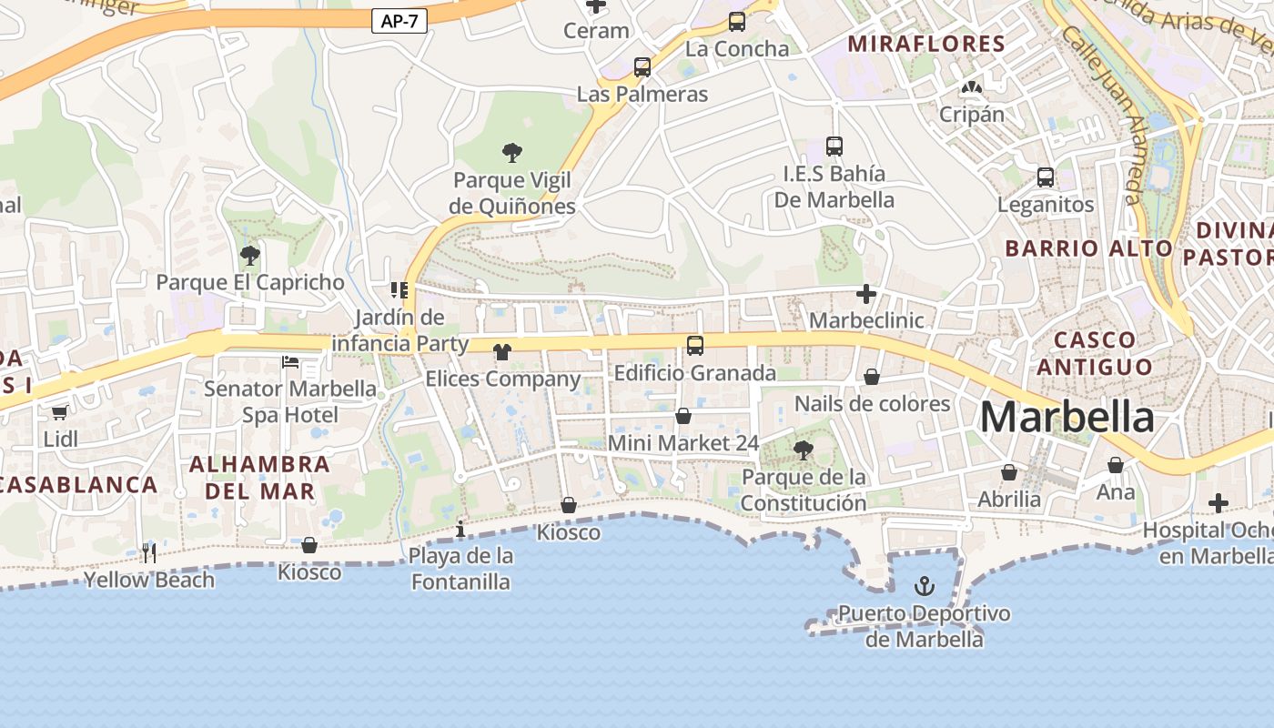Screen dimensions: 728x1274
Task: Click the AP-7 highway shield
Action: (x=399, y=21)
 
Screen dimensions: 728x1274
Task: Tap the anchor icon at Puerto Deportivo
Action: (x=925, y=585)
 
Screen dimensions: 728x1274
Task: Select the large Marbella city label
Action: (x=1067, y=417)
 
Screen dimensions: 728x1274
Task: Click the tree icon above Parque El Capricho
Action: (x=250, y=255)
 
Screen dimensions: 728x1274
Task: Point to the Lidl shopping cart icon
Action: (x=60, y=413)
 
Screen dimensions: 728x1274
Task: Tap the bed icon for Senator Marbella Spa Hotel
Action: (x=290, y=362)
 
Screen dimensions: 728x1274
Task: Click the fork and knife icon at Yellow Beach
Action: (x=149, y=552)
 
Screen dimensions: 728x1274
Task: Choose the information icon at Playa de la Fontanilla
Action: (x=460, y=529)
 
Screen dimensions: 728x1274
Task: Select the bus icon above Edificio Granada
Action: (x=695, y=346)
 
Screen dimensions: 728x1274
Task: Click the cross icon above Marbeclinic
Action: (x=866, y=294)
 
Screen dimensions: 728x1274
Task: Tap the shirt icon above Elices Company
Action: (x=502, y=352)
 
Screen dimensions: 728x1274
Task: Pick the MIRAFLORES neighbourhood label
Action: (x=926, y=44)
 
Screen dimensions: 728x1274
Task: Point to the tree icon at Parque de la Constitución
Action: (x=803, y=450)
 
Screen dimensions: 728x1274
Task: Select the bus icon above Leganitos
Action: (x=1046, y=177)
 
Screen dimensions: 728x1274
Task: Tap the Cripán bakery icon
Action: (x=972, y=88)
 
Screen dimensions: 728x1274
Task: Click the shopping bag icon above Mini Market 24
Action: (x=683, y=416)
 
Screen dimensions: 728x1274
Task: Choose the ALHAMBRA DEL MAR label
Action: (x=259, y=478)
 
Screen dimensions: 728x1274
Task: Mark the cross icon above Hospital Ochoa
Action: (x=1218, y=503)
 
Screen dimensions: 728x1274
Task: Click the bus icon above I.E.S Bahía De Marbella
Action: (x=834, y=146)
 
